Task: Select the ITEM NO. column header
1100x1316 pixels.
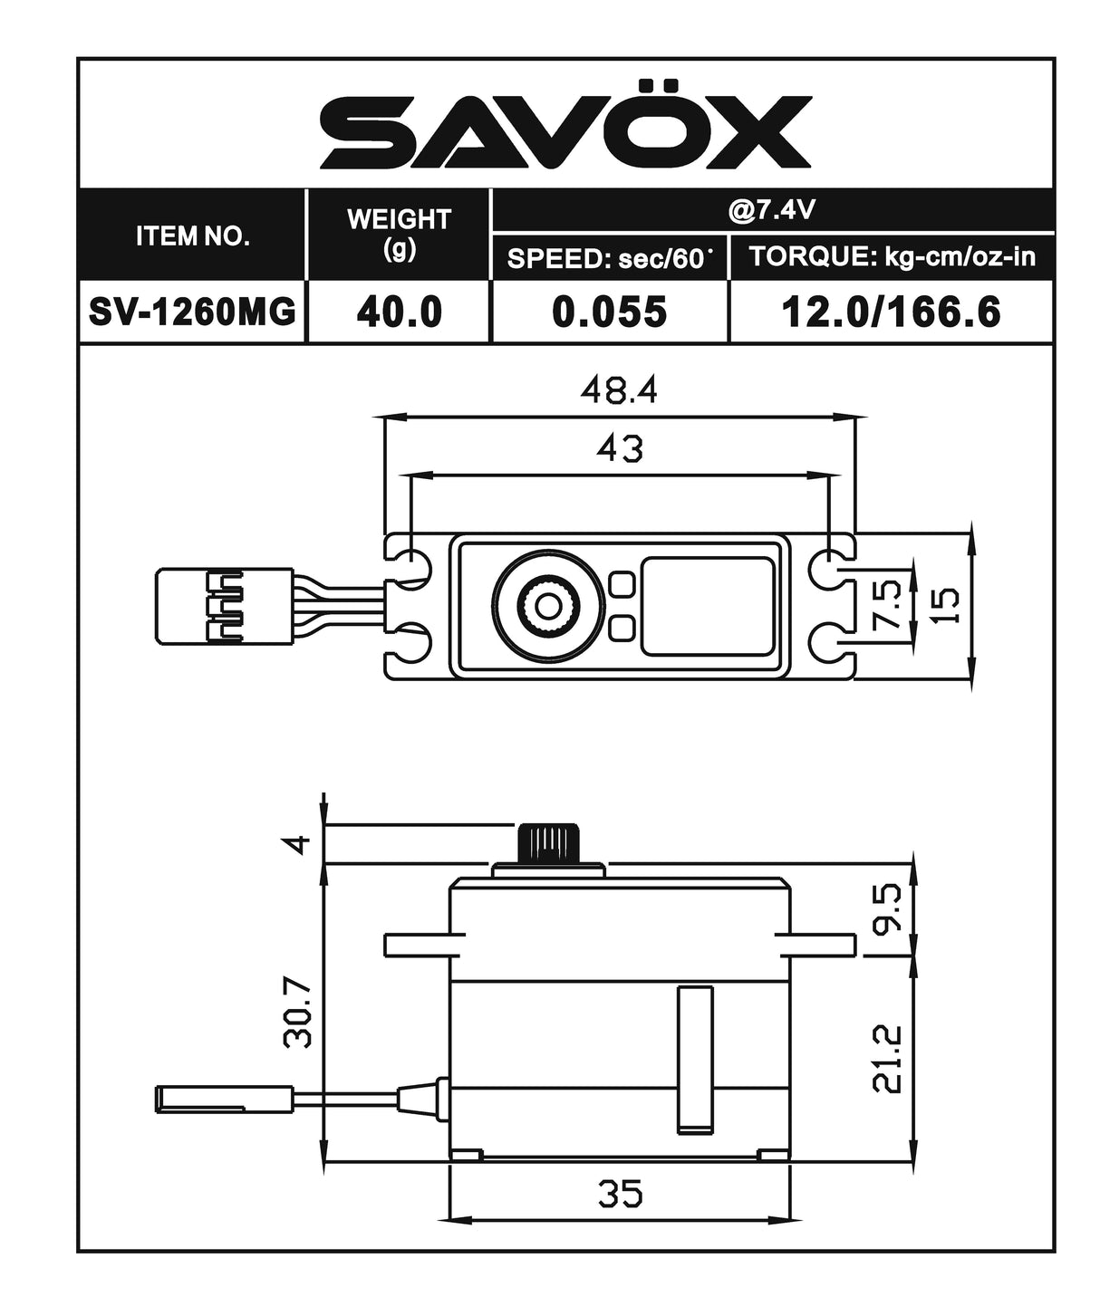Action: point(192,236)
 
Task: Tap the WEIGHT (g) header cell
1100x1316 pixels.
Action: point(399,234)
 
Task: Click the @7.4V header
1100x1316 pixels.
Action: point(772,210)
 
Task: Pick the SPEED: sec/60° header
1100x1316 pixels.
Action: point(609,258)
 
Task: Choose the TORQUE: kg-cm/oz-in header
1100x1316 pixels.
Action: point(892,256)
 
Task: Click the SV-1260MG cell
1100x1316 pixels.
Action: point(192,312)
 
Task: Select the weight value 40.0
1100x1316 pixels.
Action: point(399,312)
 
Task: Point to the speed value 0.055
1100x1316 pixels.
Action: point(609,312)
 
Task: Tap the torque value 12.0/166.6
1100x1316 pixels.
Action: point(891,312)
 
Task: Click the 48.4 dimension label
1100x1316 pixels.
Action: point(619,390)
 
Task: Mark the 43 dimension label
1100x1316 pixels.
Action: point(620,447)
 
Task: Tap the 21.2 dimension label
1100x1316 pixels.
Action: point(889,1058)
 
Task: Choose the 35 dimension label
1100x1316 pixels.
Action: point(620,1193)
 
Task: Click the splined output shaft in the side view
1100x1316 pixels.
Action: point(548,845)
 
